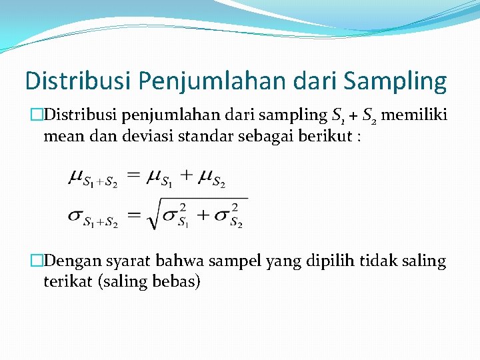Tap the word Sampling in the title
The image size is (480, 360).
click(x=395, y=81)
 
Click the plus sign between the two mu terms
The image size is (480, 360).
click(x=187, y=176)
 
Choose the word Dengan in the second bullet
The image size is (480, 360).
click(x=78, y=261)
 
